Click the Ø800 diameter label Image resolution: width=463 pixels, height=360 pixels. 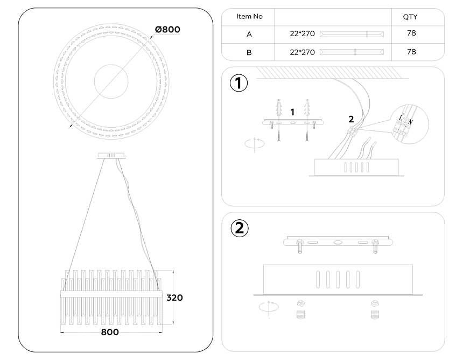click(166, 29)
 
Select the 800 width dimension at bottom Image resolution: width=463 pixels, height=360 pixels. click(110, 332)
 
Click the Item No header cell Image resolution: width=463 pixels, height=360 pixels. click(249, 17)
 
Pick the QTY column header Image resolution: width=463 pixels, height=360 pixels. click(410, 17)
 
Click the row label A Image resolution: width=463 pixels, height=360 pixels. click(249, 34)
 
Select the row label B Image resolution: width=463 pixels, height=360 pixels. click(249, 52)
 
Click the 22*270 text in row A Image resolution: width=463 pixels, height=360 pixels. click(302, 34)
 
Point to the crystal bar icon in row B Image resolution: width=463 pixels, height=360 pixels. click(352, 52)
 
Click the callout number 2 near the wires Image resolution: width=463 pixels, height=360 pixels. click(350, 119)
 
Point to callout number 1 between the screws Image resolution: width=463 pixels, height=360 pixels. click(292, 112)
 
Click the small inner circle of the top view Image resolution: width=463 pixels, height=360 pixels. click(112, 81)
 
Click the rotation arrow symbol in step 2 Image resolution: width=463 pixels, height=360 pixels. click(269, 307)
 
